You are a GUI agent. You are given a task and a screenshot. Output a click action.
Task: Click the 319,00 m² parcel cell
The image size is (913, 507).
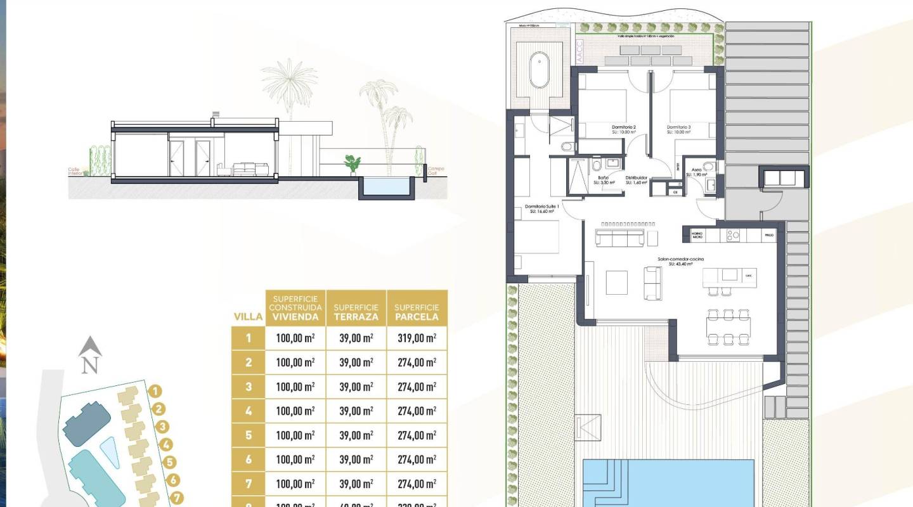[417, 338]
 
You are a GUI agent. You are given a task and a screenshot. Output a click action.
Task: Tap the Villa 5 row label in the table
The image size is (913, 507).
[249, 435]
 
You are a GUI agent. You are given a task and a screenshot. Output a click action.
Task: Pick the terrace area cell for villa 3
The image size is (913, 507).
[356, 387]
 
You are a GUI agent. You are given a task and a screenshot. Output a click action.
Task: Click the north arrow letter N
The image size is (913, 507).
[90, 365]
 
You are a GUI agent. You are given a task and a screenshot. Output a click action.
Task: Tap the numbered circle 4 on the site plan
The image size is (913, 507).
[166, 445]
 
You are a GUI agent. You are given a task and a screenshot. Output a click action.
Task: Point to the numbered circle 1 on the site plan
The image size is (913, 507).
[157, 392]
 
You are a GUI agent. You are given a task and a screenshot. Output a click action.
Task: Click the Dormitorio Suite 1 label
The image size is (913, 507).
[542, 209]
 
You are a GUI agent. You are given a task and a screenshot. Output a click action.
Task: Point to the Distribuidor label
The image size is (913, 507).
[636, 178]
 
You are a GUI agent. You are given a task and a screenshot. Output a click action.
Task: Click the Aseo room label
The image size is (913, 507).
[696, 170]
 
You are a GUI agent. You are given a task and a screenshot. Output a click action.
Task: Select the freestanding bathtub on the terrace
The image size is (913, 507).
[540, 70]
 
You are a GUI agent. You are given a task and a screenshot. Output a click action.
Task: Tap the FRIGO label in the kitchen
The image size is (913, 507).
[769, 235]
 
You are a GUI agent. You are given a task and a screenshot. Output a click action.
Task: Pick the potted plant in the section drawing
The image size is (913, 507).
[352, 164]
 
